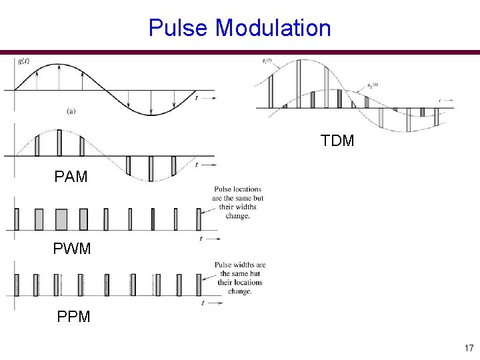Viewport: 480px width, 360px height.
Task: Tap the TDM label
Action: [337, 141]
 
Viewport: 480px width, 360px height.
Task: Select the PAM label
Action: [71, 177]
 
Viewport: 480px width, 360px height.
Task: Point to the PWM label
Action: [71, 249]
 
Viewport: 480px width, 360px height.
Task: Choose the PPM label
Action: [73, 317]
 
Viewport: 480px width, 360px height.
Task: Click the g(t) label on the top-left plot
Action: [23, 61]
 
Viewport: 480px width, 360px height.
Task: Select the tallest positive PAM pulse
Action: [59, 143]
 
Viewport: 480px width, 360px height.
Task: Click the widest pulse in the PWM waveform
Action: [61, 219]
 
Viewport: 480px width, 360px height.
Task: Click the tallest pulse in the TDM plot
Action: [299, 83]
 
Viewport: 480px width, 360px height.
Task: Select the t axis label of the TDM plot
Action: [440, 100]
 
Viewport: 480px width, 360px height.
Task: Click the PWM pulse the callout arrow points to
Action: [199, 219]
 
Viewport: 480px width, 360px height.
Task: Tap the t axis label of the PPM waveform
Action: [202, 303]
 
